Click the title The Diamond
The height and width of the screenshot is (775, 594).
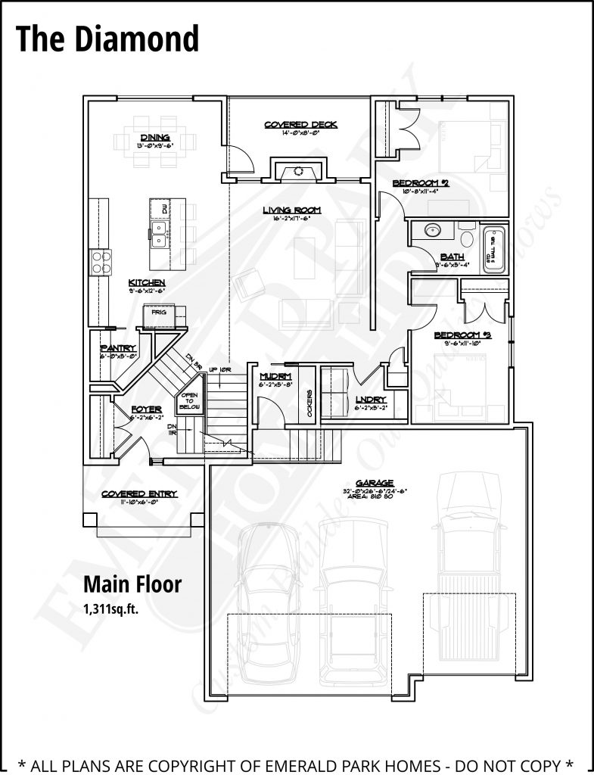[x=107, y=39]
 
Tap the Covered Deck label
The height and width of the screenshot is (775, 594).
[x=300, y=125]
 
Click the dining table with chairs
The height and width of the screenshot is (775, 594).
[x=155, y=142]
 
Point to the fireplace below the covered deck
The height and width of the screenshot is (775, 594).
[x=300, y=170]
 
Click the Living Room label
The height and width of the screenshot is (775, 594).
[x=292, y=210]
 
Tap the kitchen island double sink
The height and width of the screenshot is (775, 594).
[x=159, y=235]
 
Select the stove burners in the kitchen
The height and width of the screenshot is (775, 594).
[x=101, y=261]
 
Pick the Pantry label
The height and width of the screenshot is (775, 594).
[x=117, y=348]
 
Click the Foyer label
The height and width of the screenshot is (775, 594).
[x=142, y=409]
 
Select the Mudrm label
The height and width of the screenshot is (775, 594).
[x=270, y=376]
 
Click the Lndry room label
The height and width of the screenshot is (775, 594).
[x=371, y=400]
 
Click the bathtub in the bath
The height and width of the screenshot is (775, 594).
[x=493, y=247]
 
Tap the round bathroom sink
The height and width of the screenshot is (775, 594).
[x=434, y=231]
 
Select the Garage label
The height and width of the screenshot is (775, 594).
[x=376, y=482]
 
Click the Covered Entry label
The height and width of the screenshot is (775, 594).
[x=139, y=494]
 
